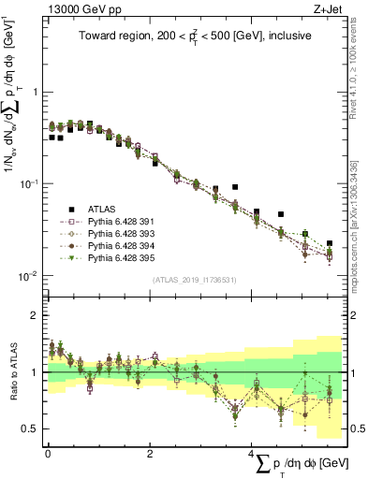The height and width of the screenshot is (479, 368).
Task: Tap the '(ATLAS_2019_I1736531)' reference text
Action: pyautogui.click(x=194, y=280)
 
